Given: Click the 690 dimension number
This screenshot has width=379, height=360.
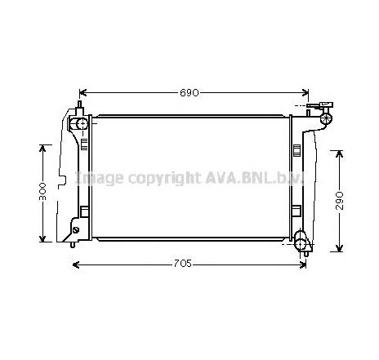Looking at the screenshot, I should click(190, 93).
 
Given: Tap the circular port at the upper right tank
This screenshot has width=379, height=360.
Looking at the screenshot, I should click(325, 119).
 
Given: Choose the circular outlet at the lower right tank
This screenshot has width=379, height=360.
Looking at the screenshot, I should click(301, 242).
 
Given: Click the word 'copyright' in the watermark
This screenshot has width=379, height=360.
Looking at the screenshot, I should click(161, 177).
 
